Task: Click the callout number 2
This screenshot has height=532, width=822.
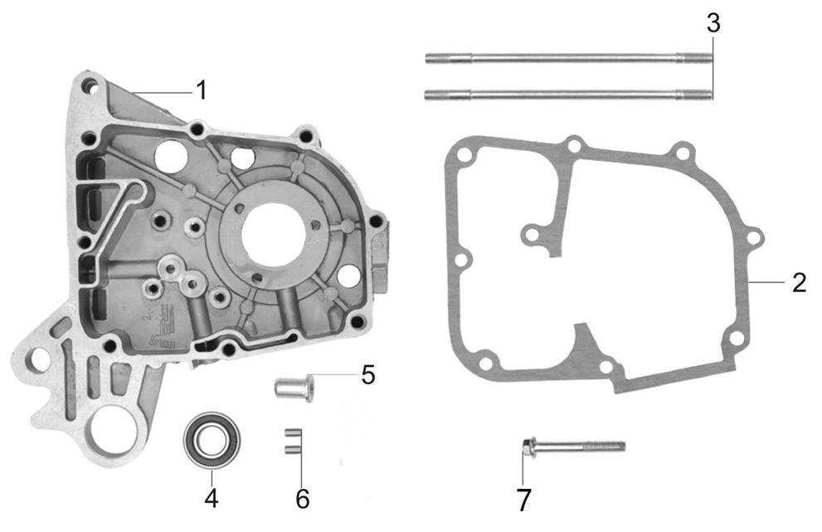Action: (798, 282)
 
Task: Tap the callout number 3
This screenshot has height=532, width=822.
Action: (713, 22)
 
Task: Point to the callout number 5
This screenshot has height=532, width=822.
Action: (367, 374)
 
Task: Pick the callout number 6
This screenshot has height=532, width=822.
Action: (302, 499)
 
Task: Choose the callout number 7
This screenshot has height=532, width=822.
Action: (523, 500)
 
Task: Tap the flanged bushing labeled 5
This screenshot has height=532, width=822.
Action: (294, 388)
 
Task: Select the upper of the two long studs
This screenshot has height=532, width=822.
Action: (569, 58)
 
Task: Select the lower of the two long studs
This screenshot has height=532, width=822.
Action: (569, 95)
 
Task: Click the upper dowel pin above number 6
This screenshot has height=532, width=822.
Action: (290, 432)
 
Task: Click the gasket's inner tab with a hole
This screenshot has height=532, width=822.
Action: (529, 237)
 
